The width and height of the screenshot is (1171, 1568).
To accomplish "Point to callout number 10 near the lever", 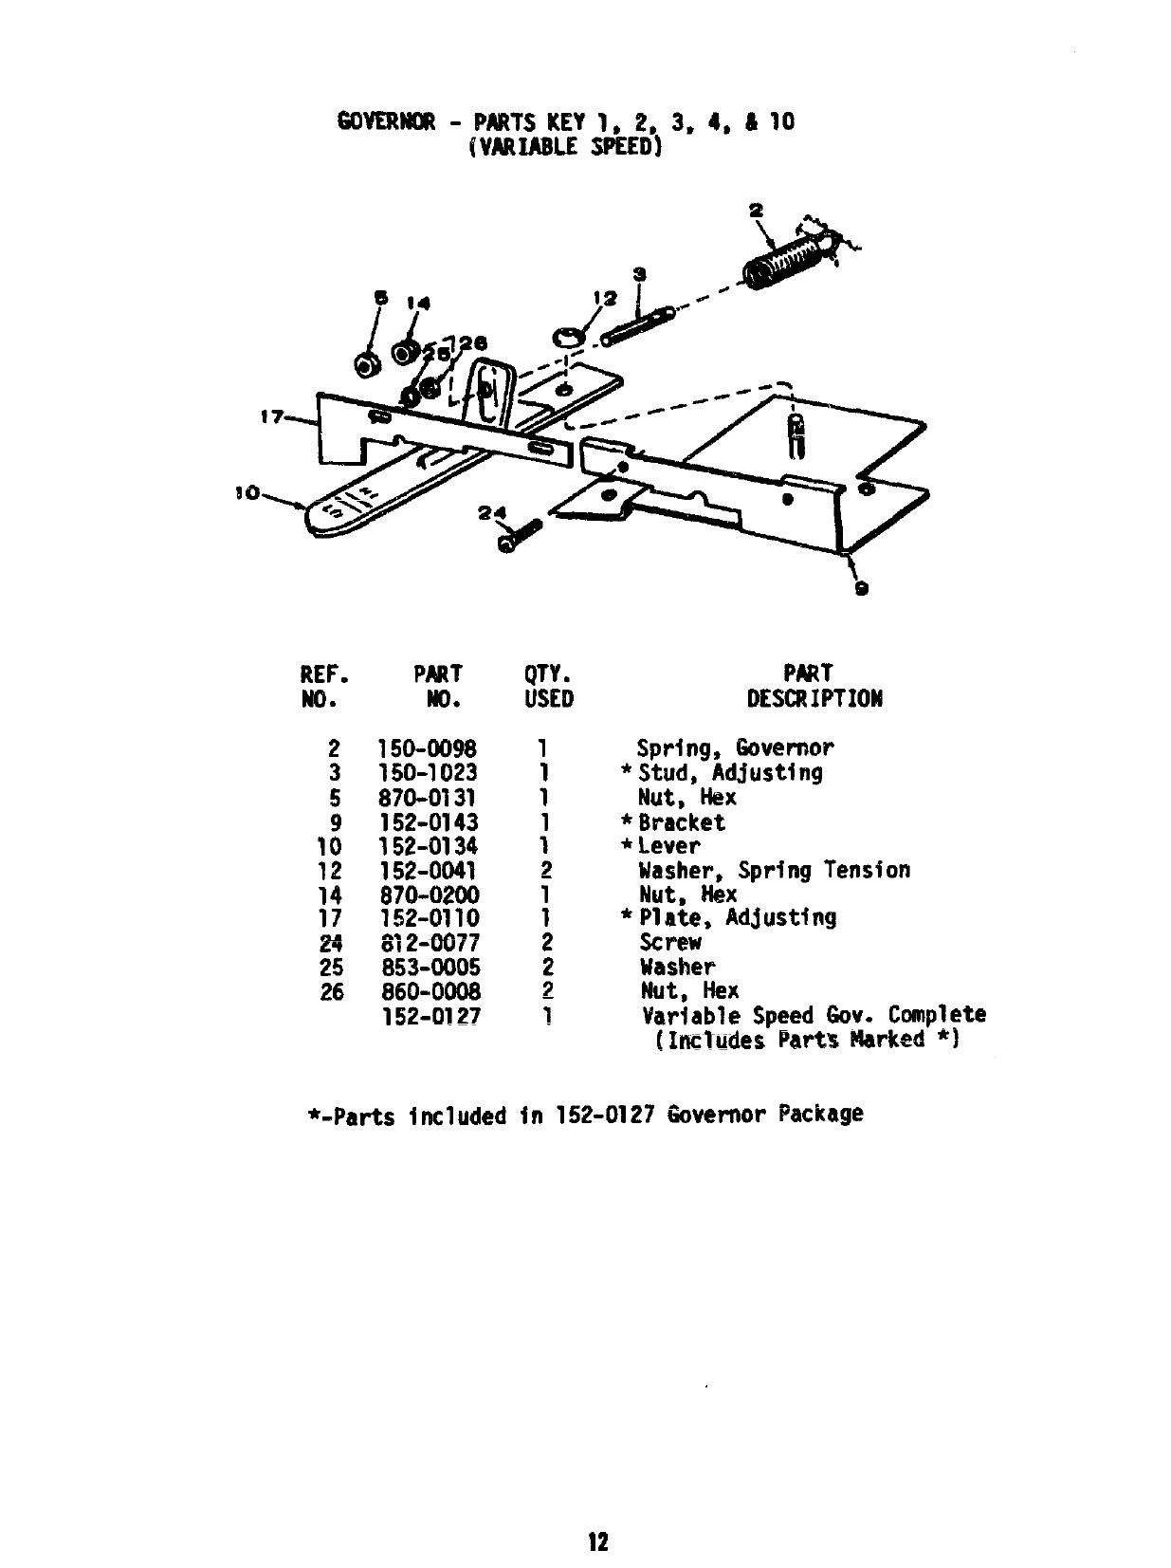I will (x=247, y=493).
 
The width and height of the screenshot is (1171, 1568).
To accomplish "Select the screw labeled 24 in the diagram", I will (x=519, y=536).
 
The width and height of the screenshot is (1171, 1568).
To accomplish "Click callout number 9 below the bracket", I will (x=860, y=588).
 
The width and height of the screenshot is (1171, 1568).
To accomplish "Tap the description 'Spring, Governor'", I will (x=735, y=748).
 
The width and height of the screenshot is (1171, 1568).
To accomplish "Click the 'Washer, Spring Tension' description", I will (x=774, y=871).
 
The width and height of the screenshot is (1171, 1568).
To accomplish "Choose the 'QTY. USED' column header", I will (x=548, y=686).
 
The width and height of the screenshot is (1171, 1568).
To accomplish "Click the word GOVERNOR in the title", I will (x=386, y=121).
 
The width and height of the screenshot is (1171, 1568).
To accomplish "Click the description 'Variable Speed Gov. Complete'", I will (x=814, y=1016).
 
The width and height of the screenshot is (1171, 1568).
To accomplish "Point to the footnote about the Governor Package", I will (x=584, y=1115).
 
